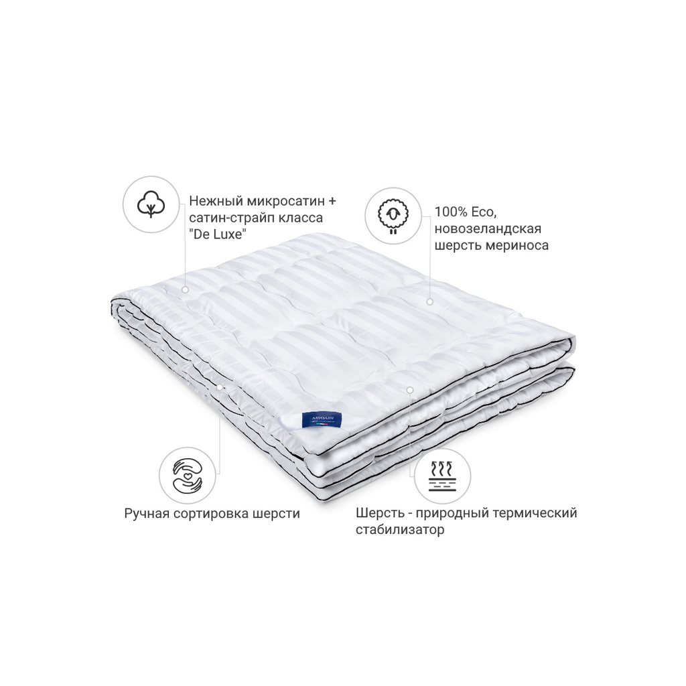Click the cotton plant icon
151,204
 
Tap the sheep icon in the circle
393,216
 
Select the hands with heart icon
188,475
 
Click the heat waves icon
442,476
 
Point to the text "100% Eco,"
465,212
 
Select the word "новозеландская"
488,228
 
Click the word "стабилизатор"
400,529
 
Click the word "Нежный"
216,201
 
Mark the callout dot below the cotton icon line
185,289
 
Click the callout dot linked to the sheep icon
429,302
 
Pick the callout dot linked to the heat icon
410,389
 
